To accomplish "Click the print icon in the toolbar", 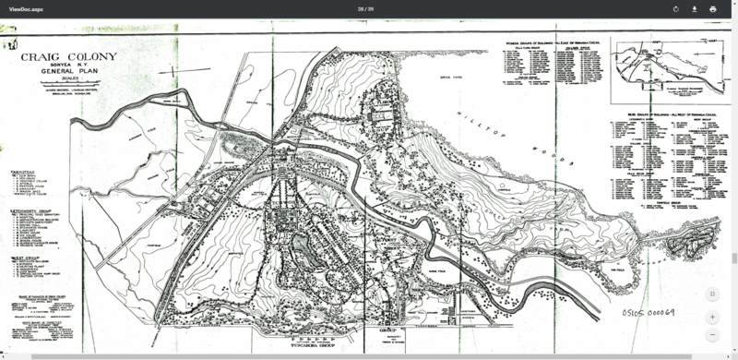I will pos(712,8).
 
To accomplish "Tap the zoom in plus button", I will pos(712,316).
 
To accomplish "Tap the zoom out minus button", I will pos(712,334).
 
